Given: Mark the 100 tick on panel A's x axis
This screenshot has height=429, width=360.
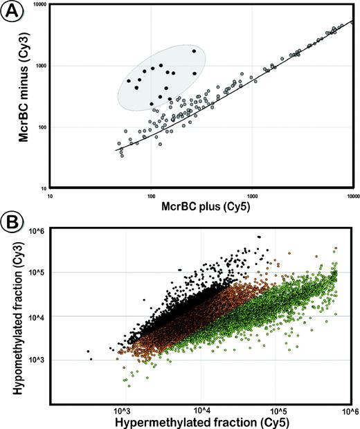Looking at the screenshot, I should pyautogui.click(x=151, y=196).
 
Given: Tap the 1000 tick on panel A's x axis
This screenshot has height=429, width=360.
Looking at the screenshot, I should pyautogui.click(x=252, y=196).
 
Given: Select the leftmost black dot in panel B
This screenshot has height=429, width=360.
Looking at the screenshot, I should pyautogui.click(x=88, y=352).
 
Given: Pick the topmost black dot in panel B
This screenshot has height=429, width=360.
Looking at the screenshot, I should pyautogui.click(x=259, y=237).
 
